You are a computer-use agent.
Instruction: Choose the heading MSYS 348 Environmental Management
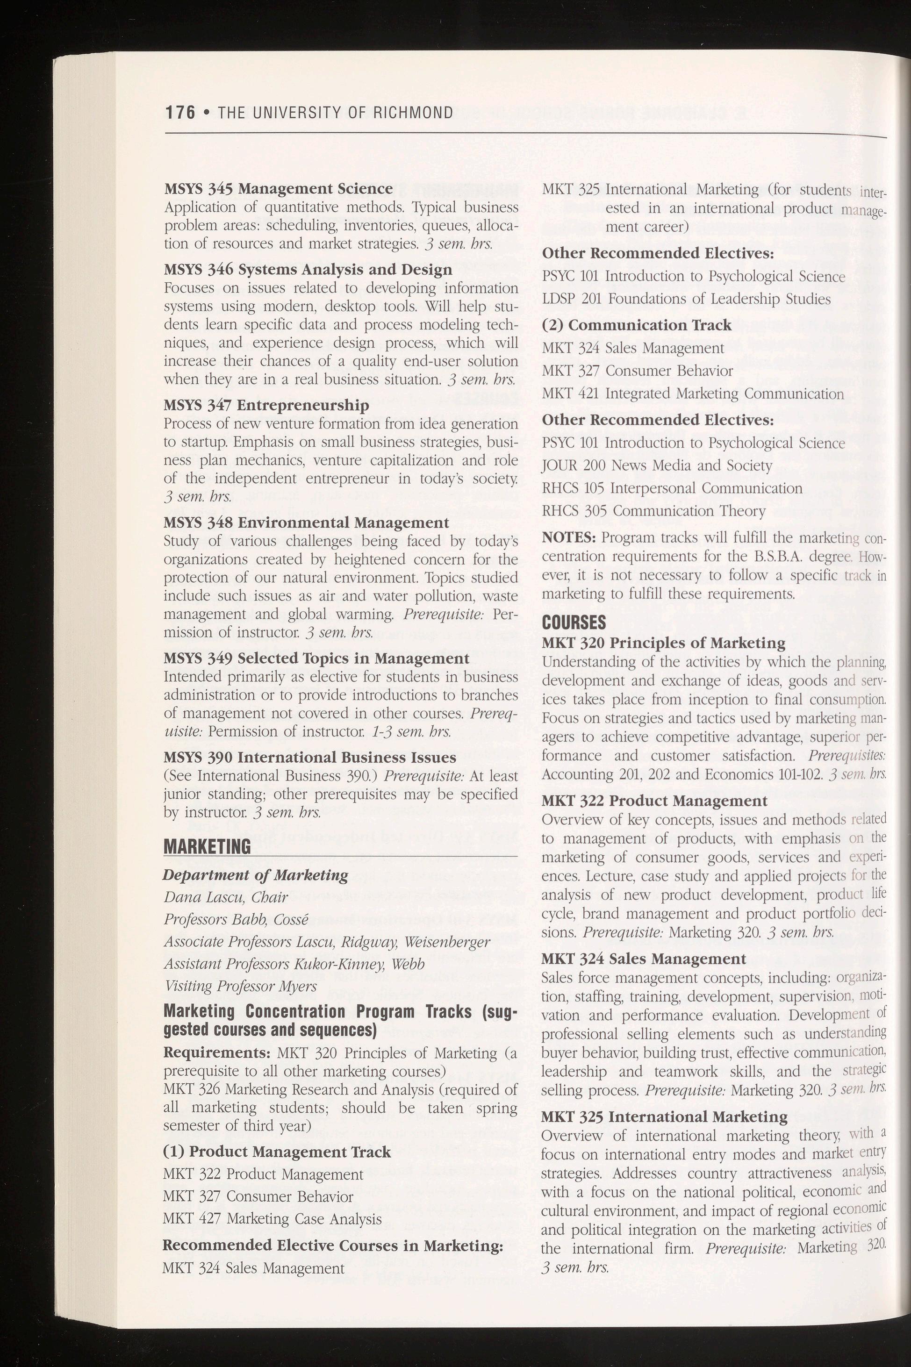[306, 523]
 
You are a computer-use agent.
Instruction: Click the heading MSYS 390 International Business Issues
[310, 758]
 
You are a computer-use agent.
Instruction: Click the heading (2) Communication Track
[636, 325]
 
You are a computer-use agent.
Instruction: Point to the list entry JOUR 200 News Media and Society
[657, 466]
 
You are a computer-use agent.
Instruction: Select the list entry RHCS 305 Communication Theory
[653, 511]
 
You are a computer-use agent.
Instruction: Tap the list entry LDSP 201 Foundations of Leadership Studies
[686, 299]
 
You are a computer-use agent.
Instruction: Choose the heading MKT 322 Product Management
[654, 801]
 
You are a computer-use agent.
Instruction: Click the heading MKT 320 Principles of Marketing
[663, 643]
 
